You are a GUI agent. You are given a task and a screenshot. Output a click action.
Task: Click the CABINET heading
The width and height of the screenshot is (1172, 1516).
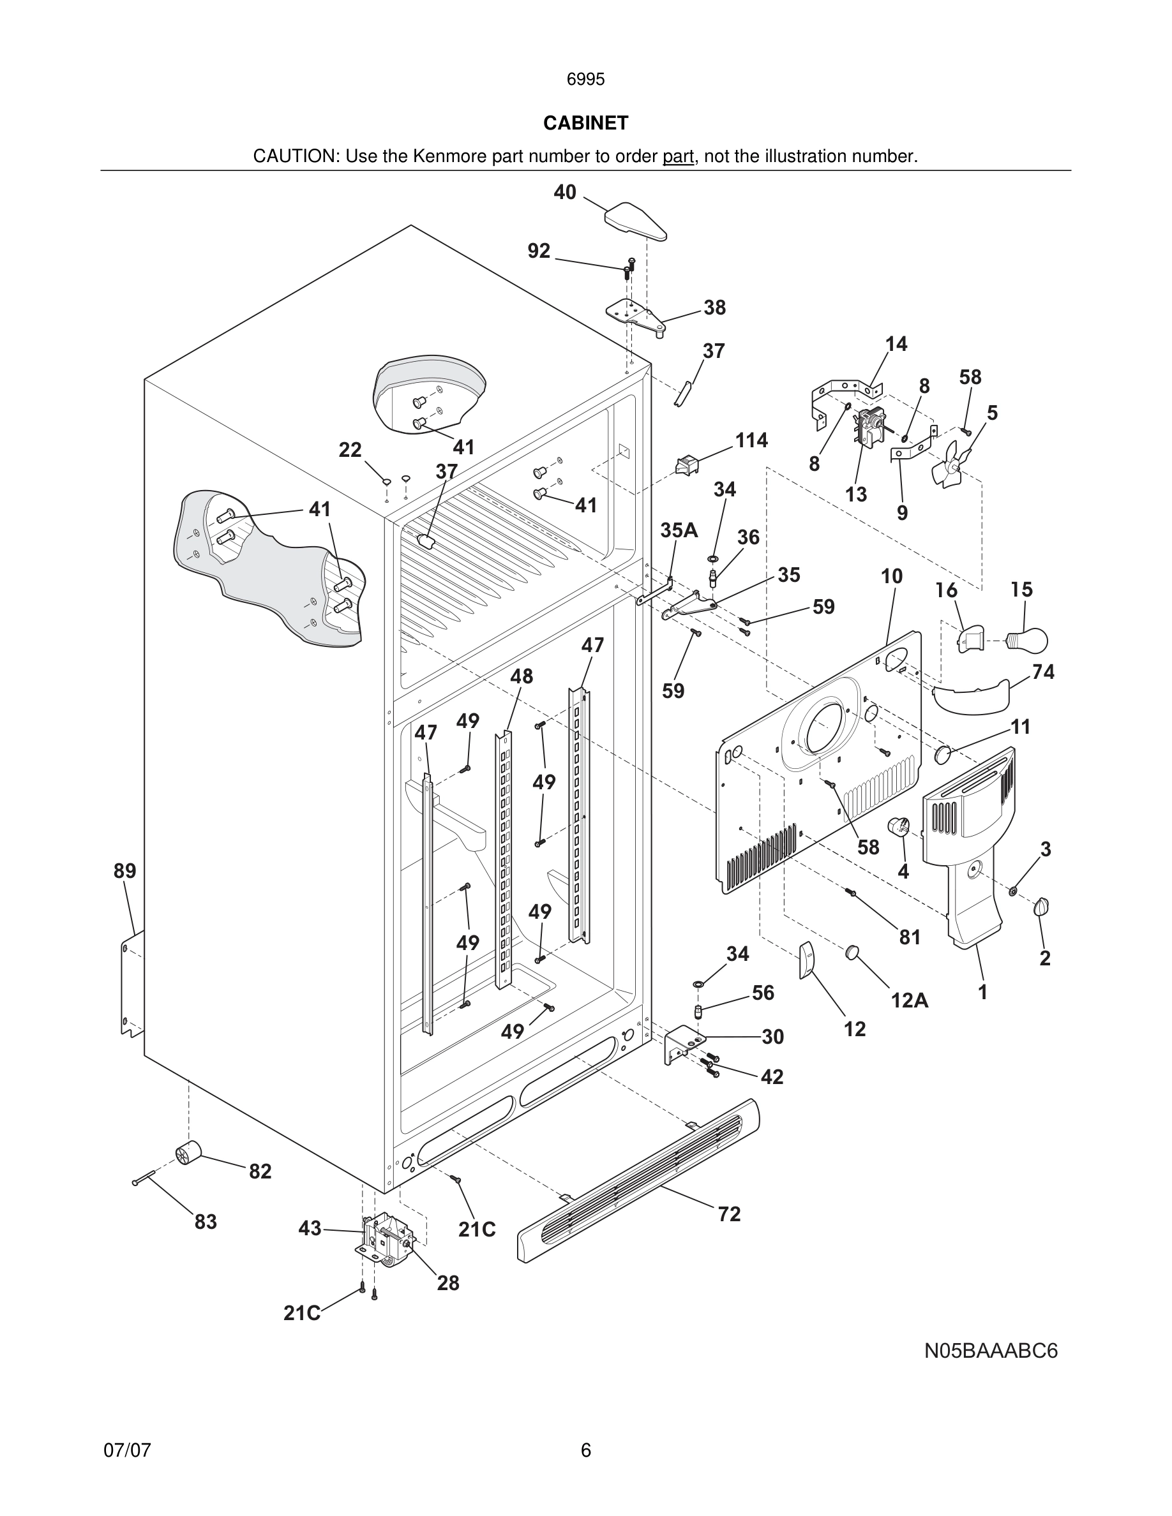[585, 123]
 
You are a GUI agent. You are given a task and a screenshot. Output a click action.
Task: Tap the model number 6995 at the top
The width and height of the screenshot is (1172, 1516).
[585, 79]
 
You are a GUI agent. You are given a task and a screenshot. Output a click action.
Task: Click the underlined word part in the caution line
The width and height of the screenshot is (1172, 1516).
[678, 157]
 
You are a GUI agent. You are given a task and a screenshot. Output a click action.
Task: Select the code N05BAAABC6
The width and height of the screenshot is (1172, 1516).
[991, 1351]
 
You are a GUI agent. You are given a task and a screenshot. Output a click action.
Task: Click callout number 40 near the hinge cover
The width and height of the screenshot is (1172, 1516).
[564, 192]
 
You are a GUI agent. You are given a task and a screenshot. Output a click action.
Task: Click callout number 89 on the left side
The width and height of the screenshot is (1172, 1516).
[125, 870]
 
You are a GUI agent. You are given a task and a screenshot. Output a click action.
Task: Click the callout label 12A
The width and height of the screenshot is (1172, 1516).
[910, 1000]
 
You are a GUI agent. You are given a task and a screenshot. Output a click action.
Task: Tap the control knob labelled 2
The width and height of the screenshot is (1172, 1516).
[1042, 907]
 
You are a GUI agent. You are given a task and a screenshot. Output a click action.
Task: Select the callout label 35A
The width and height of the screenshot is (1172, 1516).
[679, 530]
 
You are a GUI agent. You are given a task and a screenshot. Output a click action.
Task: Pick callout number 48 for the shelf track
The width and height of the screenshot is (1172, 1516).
[522, 676]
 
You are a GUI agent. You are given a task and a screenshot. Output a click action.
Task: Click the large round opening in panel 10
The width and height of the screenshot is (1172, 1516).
[824, 727]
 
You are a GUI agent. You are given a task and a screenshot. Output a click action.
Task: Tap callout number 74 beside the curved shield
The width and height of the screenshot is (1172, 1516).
[1043, 671]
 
